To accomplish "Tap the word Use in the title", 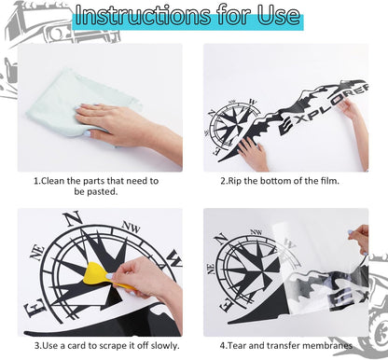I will (x=274, y=17).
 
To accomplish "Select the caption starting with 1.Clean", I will (x=95, y=186).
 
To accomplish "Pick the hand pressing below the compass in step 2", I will (x=253, y=154).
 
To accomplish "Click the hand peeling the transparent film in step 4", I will (x=359, y=239).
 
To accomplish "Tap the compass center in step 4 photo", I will (x=244, y=270).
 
